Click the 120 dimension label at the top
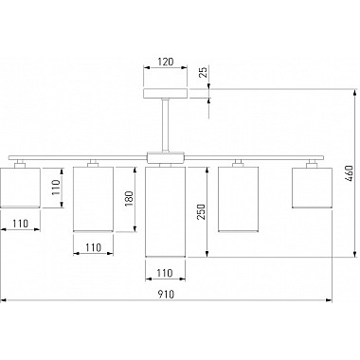coord(166,62)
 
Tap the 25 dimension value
coord(204,73)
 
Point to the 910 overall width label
coord(166,295)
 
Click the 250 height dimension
coord(201,212)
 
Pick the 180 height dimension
coord(129,199)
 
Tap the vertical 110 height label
coord(56,188)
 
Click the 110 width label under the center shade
coord(165,273)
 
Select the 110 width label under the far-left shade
coord(21,224)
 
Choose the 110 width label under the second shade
coord(93,247)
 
